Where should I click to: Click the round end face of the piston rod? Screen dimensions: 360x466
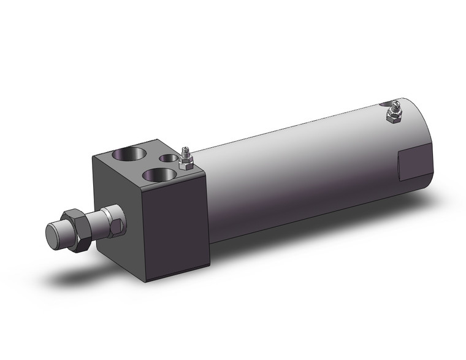tap(55, 234)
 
